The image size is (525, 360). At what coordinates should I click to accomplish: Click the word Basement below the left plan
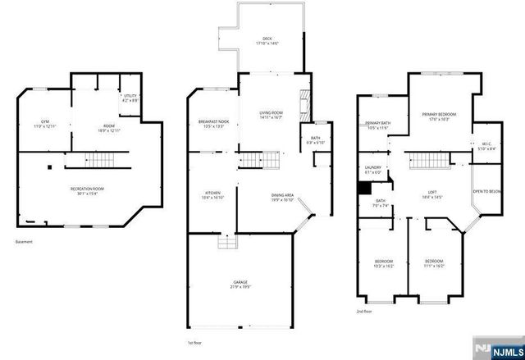pos(25,242)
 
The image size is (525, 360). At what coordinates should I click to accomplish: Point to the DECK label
pos(267,39)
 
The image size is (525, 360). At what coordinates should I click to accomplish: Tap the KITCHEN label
pos(212,195)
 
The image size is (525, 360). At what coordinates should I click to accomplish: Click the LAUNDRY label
pos(372,170)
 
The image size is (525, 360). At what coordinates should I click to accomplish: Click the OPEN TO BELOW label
pos(486,191)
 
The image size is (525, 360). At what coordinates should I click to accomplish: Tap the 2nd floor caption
pos(364,312)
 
